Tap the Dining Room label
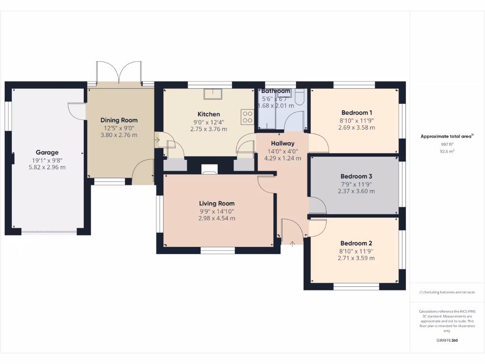[x=119, y=120]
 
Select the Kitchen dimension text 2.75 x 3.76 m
[x=208, y=129]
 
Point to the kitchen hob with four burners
[x=247, y=117]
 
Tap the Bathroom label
[x=276, y=91]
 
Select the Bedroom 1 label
[x=357, y=113]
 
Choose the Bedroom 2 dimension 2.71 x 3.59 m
[x=356, y=258]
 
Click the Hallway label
[x=283, y=143]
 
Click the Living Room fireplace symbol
[x=209, y=169]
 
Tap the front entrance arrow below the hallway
[x=293, y=244]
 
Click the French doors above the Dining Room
[x=118, y=73]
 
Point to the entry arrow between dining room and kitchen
[x=157, y=140]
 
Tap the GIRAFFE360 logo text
[x=447, y=340]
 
